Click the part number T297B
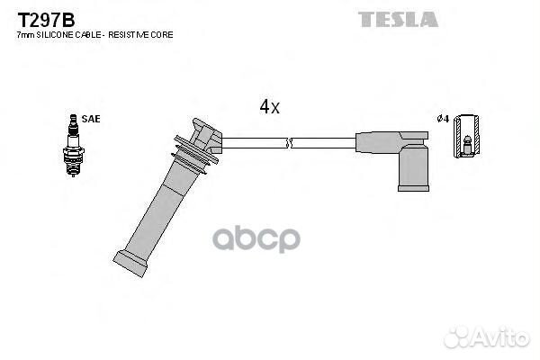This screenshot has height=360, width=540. click(46, 20)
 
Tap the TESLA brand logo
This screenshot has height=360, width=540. click(398, 19)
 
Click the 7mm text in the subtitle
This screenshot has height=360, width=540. click(26, 35)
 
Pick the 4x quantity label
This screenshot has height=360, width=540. click(270, 106)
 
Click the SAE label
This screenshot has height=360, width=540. click(91, 119)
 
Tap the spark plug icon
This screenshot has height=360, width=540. click(74, 145)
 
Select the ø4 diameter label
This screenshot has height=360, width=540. click(443, 119)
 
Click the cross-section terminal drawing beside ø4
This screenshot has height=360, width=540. click(466, 136)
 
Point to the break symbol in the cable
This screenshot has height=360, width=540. click(289, 142)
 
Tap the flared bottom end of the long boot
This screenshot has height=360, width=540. click(130, 264)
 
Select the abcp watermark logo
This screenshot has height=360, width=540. click(256, 239)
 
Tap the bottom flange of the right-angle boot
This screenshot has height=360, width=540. click(414, 188)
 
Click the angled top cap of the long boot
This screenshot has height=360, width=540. click(207, 136)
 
